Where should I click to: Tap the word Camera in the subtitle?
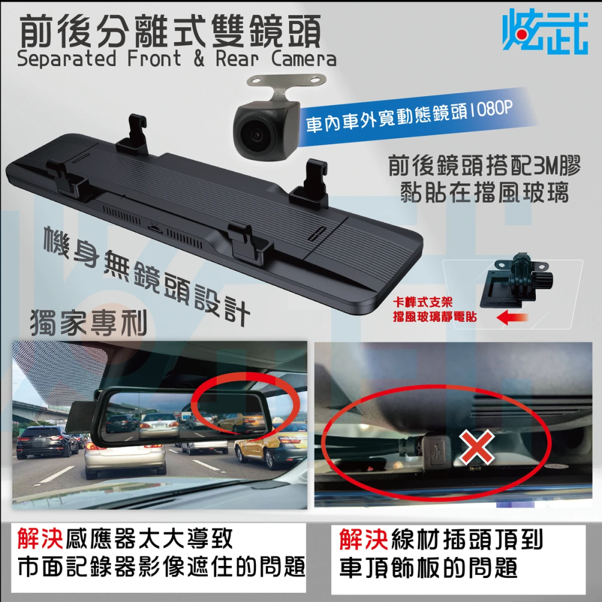pos(304,60)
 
